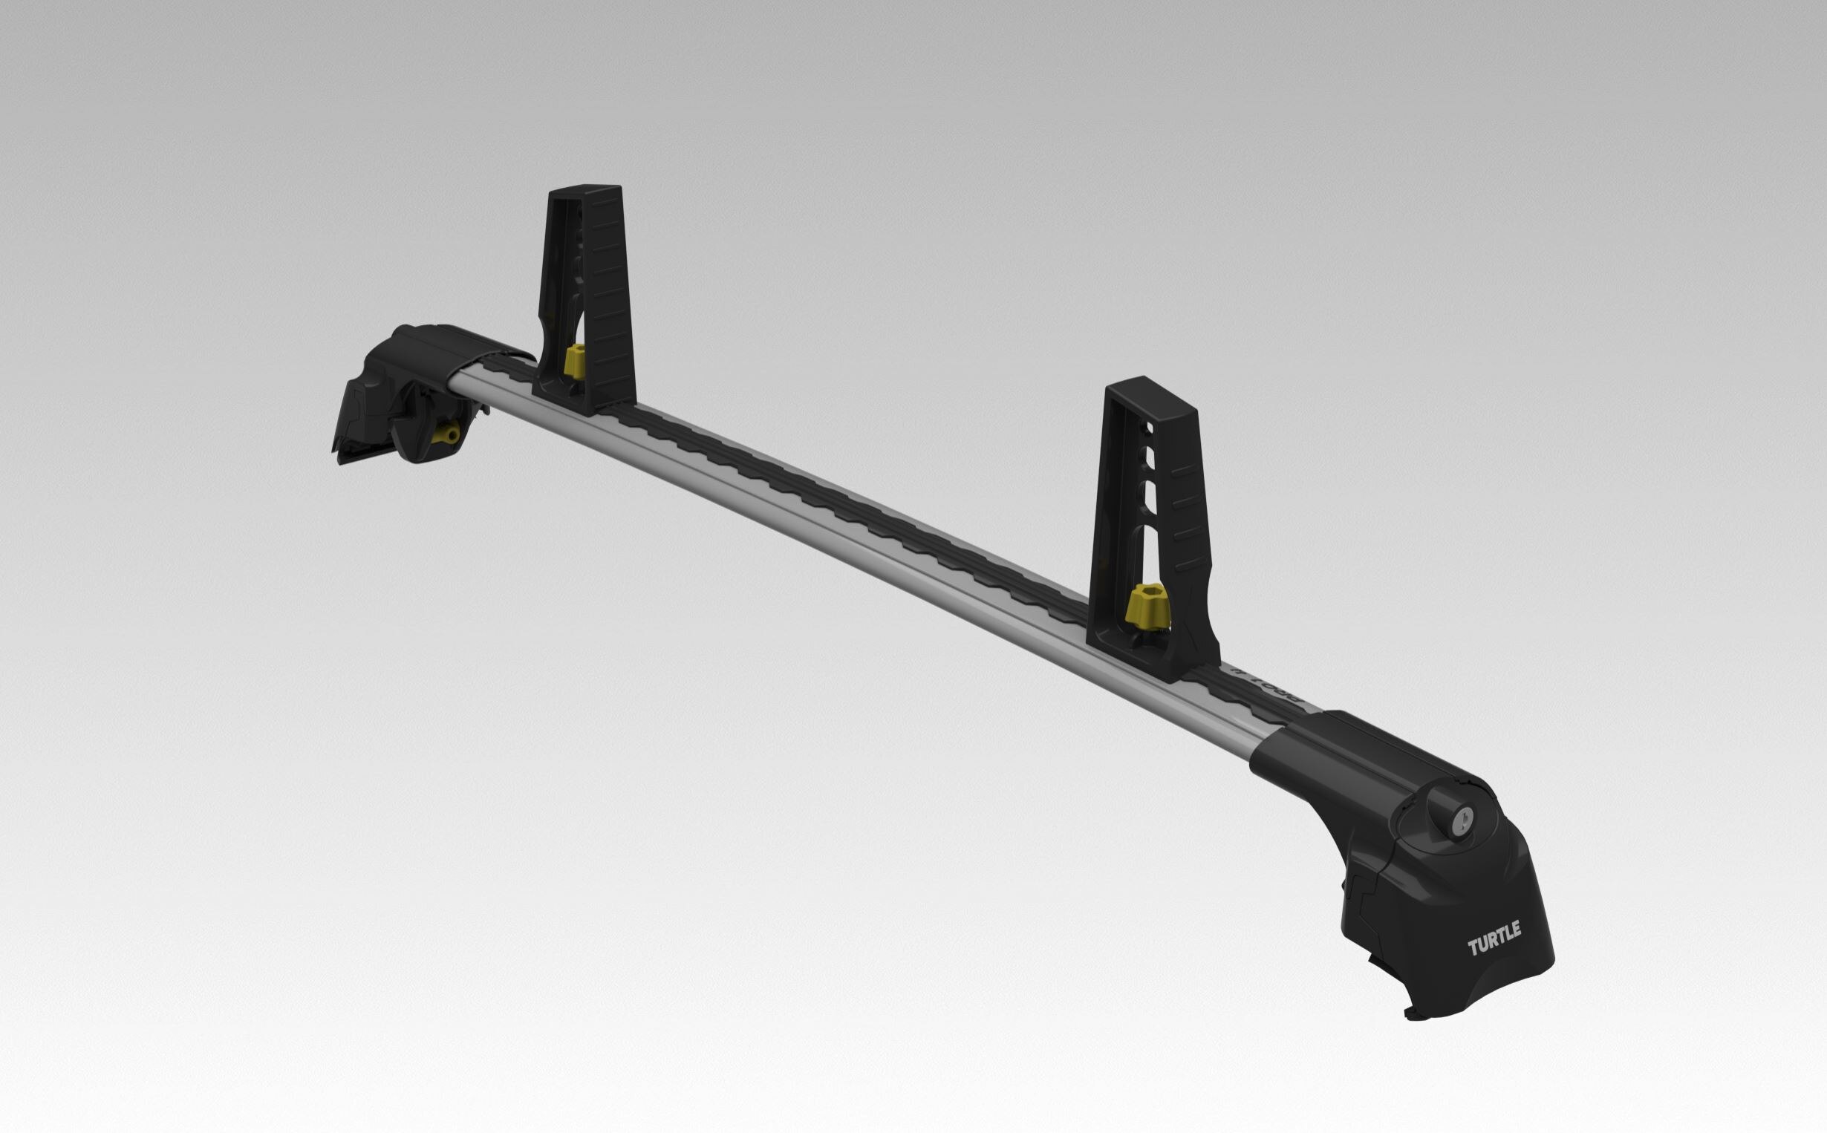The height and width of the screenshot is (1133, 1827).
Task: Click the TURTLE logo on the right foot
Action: pyautogui.click(x=1494, y=939)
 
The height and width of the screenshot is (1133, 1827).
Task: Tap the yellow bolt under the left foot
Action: pyautogui.click(x=449, y=434)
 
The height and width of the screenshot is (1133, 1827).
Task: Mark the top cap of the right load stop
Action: pyautogui.click(x=1150, y=390)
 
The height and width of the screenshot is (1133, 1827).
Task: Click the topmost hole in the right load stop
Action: pyautogui.click(x=1148, y=428)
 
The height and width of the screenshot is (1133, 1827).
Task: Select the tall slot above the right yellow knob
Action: pyautogui.click(x=1145, y=551)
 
